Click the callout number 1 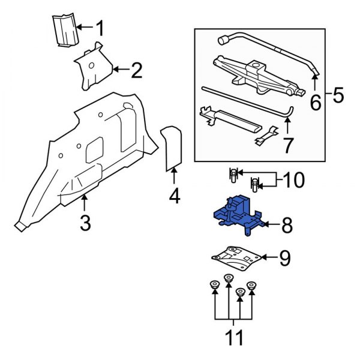(100, 28)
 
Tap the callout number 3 (85, 223)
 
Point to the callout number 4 (174, 196)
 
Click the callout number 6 (314, 104)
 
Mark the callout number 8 (287, 226)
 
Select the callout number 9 (284, 258)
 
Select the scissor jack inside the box (255, 75)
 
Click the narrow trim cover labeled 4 (173, 147)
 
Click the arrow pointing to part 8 (271, 226)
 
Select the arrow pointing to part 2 (120, 70)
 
